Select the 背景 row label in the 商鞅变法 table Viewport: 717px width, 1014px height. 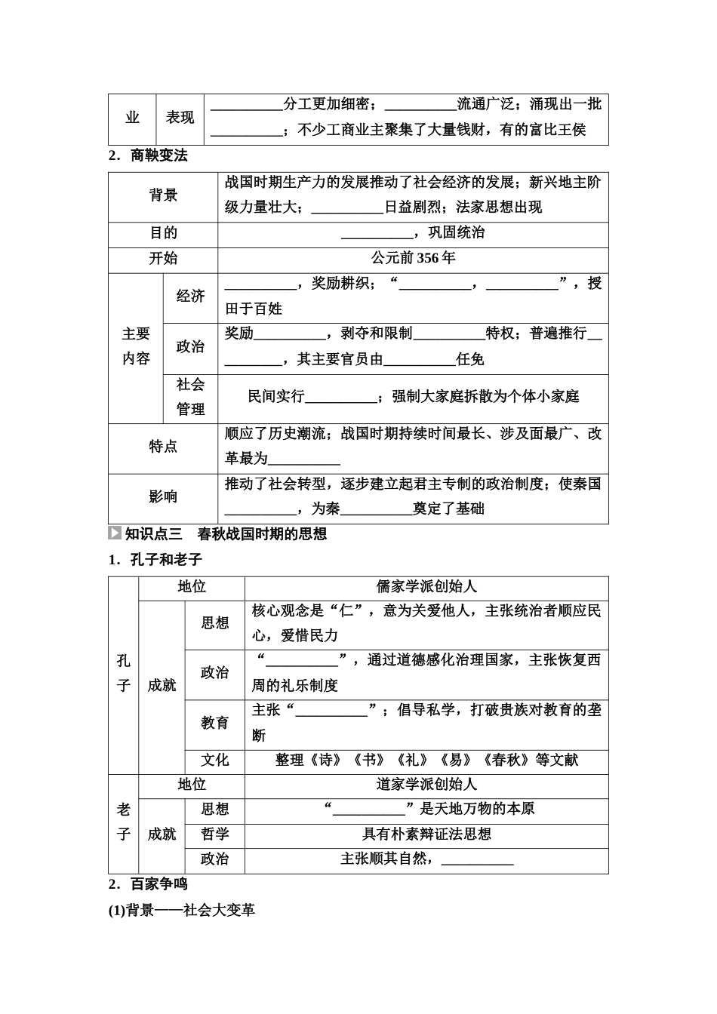163,195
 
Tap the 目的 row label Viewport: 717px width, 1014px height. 163,233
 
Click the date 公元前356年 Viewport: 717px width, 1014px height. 413,258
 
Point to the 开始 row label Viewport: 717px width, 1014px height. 163,258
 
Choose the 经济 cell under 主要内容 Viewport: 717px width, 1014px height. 190,296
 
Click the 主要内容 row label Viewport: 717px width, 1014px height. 136,346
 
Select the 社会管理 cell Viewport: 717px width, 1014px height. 190,397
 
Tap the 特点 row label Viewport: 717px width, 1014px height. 163,447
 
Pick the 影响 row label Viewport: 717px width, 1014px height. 163,496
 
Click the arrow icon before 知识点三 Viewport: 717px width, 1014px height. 115,533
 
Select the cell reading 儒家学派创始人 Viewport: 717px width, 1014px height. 426,587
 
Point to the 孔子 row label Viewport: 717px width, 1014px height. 124,673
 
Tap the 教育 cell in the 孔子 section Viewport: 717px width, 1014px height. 214,723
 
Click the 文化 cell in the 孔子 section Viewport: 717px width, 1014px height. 214,760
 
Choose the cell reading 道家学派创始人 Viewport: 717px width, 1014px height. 426,785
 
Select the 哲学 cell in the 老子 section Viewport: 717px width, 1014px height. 214,834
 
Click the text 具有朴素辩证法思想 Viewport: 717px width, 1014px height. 426,834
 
